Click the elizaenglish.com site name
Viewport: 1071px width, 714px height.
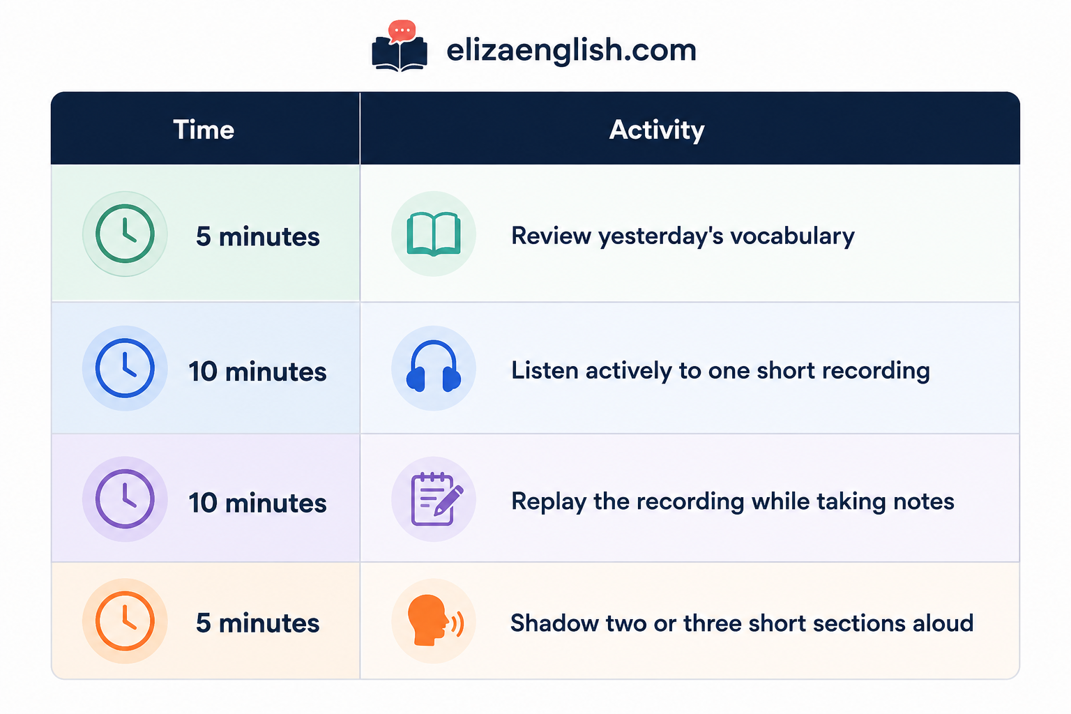coord(571,50)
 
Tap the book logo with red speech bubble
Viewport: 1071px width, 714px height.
coord(400,46)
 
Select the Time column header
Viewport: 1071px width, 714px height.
coord(204,130)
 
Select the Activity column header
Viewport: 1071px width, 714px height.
coord(656,130)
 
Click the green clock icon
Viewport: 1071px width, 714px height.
coord(125,234)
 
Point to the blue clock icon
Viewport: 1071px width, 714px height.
coord(125,368)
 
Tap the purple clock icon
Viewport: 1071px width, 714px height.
coord(125,499)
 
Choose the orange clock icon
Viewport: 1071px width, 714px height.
coord(125,621)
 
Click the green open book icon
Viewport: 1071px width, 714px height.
coord(434,234)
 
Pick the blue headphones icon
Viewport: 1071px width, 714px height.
coord(434,366)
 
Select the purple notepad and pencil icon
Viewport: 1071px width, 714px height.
coord(436,499)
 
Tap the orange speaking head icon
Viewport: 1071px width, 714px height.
coord(435,621)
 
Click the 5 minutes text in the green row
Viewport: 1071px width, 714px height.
coord(258,236)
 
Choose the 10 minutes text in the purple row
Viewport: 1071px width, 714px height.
coord(258,503)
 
